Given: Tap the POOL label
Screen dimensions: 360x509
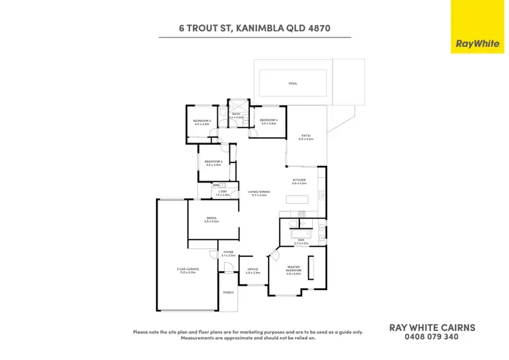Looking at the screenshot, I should click(x=293, y=84).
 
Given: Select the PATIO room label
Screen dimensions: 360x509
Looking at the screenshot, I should click(x=306, y=137).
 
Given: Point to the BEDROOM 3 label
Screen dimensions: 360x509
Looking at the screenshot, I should click(x=202, y=122).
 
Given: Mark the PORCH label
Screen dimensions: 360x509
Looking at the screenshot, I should click(x=229, y=292).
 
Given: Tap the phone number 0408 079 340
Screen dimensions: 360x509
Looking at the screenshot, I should click(x=432, y=336).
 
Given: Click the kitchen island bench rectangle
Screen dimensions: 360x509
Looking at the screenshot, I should click(x=296, y=200).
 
